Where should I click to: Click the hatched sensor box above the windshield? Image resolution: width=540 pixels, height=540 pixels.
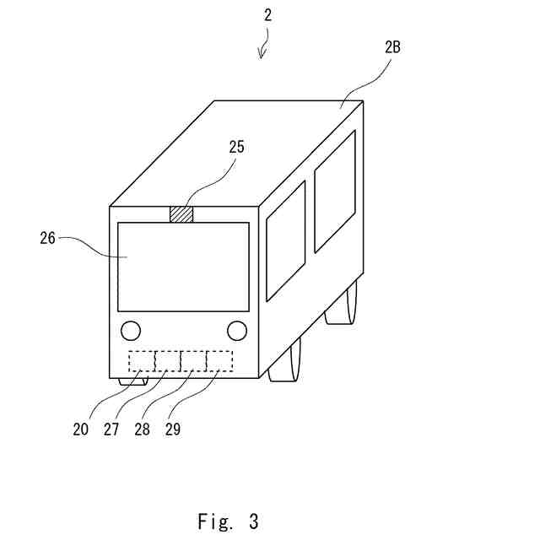point(181,214)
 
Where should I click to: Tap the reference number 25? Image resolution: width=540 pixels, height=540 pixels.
point(236,146)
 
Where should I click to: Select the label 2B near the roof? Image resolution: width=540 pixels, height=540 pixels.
point(391,47)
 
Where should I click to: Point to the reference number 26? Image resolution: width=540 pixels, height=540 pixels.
point(47,238)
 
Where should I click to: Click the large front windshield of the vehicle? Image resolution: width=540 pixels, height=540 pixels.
point(183,267)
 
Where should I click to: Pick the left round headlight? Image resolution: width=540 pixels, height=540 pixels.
point(131,329)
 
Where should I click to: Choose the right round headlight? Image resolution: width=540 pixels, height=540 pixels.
point(237,329)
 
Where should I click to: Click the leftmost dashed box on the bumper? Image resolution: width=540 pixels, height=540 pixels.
point(141,361)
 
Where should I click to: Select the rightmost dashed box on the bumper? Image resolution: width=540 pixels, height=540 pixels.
point(220,361)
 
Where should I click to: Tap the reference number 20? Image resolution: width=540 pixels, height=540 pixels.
point(80,429)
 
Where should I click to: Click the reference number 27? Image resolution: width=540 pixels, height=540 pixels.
point(111,429)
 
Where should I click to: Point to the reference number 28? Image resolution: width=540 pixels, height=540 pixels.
point(142,429)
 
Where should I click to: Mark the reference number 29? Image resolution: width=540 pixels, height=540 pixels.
point(172,429)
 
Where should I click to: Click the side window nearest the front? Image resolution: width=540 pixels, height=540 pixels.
point(286,240)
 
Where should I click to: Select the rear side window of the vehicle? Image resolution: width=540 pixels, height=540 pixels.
point(335,192)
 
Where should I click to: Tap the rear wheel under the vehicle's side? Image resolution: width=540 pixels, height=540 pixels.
point(341,305)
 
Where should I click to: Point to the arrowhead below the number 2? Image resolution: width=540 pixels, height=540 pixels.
point(262,56)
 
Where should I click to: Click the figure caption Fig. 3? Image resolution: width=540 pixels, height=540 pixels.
point(228,521)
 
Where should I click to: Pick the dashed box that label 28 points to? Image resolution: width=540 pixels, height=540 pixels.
point(193,361)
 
